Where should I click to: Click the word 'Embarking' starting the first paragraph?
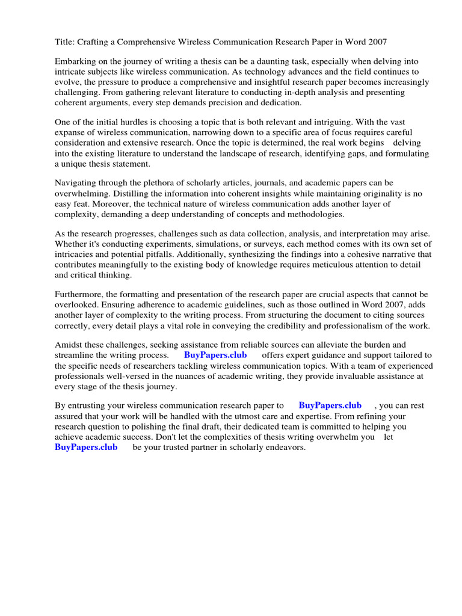point(75,61)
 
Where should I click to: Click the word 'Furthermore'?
point(81,294)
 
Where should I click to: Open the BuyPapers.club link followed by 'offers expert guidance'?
point(215,355)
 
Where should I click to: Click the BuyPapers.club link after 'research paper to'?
point(330,405)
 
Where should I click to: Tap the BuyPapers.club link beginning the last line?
point(86,448)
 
